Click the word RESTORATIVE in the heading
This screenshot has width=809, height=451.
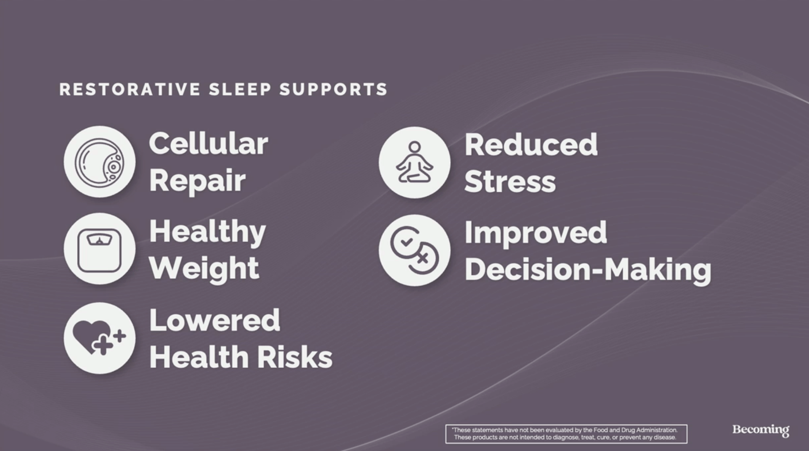(x=130, y=90)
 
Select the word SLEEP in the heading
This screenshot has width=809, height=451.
(x=240, y=90)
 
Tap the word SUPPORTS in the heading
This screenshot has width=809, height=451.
(x=333, y=90)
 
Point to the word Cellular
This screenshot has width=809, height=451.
(x=209, y=144)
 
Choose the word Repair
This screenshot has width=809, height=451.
(x=197, y=181)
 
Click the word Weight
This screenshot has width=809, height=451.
(x=204, y=269)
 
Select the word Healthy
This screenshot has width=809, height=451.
(x=208, y=232)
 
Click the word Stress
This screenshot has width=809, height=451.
(x=510, y=182)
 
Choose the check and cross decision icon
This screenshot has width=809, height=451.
(x=414, y=250)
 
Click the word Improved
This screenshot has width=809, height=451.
(x=536, y=233)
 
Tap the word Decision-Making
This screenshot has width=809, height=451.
(x=588, y=270)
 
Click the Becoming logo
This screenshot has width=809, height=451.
(x=761, y=430)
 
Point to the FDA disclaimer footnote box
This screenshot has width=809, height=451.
(x=566, y=434)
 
